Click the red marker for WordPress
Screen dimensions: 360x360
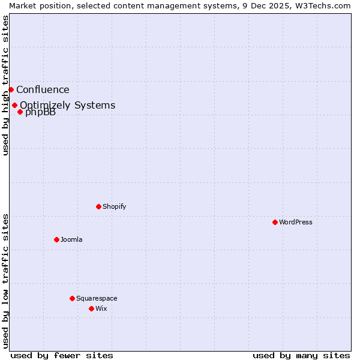click(275, 222)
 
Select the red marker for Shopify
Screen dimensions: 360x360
click(98, 206)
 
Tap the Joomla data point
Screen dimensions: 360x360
click(56, 239)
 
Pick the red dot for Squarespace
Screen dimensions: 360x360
click(72, 298)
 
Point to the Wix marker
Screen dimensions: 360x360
click(91, 308)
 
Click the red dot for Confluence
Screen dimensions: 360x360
click(11, 89)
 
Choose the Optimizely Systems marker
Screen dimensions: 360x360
click(14, 105)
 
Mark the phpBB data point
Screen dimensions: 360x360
click(20, 112)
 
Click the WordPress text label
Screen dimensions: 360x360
click(296, 222)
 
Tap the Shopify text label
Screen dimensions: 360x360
click(115, 206)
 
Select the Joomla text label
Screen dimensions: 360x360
click(71, 239)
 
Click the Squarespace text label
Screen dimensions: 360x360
click(97, 298)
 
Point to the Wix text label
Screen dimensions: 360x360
click(101, 308)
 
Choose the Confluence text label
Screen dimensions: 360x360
click(43, 90)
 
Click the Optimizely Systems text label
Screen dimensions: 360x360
click(68, 105)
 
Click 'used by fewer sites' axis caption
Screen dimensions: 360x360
click(62, 355)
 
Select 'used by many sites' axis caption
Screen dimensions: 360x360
click(301, 355)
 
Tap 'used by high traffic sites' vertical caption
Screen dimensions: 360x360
click(5, 85)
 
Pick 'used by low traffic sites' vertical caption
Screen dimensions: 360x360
click(5, 280)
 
